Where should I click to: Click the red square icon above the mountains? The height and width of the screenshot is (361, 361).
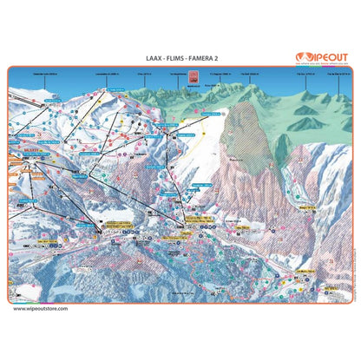click(x=180, y=75)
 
